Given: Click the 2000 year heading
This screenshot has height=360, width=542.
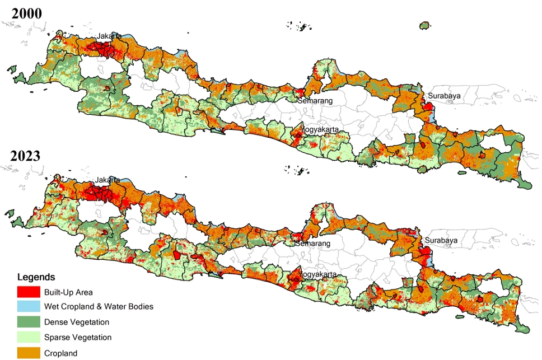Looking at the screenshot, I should click(x=27, y=12).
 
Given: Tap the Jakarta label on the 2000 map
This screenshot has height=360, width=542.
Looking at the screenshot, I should click(x=109, y=36).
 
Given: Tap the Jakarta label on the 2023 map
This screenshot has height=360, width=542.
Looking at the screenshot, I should click(x=108, y=180).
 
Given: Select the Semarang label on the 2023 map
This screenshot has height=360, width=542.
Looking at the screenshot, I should click(x=313, y=244).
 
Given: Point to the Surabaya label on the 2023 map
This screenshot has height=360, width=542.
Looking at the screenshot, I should click(x=442, y=241).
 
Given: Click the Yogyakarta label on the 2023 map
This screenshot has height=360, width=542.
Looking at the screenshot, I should click(x=319, y=275).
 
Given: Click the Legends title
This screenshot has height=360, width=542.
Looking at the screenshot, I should click(x=36, y=277).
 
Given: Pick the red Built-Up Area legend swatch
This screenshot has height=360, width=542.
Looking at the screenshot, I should click(x=29, y=292).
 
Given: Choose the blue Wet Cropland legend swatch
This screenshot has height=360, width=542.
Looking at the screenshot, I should click(x=29, y=307).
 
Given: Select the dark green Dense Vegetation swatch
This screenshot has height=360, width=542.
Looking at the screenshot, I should click(x=29, y=322).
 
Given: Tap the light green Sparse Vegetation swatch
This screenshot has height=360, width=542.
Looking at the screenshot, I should click(x=29, y=337).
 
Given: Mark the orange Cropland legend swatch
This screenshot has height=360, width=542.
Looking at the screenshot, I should click(x=29, y=353).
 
